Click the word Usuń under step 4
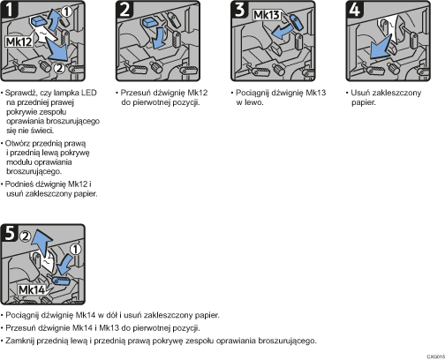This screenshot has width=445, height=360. pyautogui.click(x=357, y=92)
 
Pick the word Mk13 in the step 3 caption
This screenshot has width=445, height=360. pyautogui.click(x=298, y=92)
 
